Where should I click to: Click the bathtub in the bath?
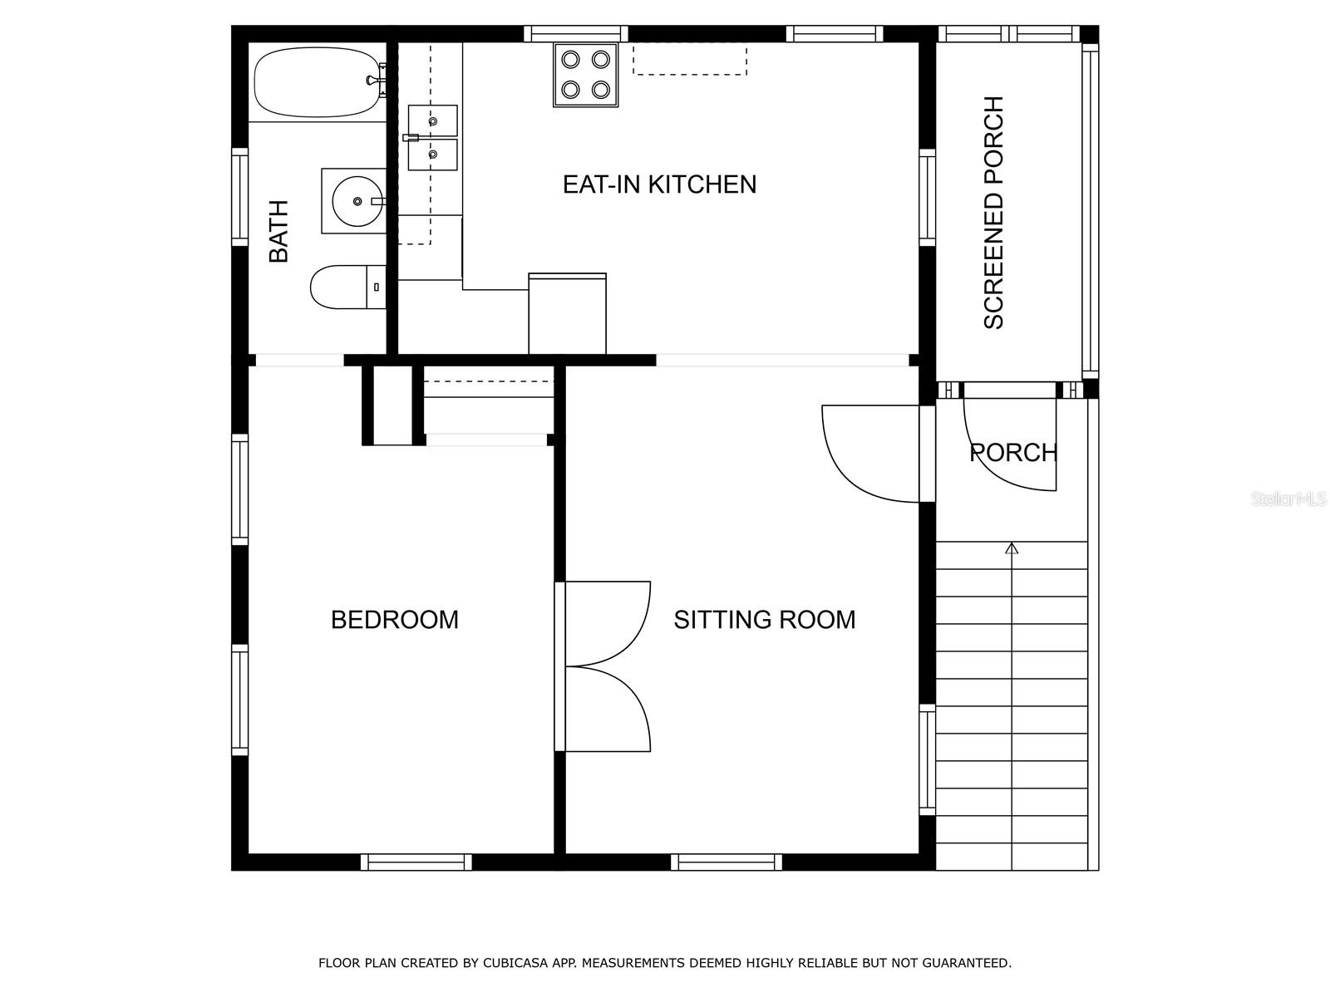[319, 83]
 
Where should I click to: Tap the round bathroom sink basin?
[358, 201]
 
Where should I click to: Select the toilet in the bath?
[347, 287]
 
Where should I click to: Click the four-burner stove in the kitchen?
[585, 75]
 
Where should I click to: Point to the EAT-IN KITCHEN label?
[660, 184]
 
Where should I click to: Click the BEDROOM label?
[395, 620]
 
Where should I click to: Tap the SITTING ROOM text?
[765, 620]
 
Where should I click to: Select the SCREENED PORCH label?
[993, 213]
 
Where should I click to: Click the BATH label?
[278, 231]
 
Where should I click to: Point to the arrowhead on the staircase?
[1012, 548]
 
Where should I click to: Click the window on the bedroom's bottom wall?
[416, 862]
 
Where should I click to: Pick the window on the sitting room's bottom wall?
[727, 862]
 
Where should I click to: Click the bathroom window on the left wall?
[240, 198]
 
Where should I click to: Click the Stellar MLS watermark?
[1288, 499]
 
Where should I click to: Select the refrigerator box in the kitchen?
[567, 313]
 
